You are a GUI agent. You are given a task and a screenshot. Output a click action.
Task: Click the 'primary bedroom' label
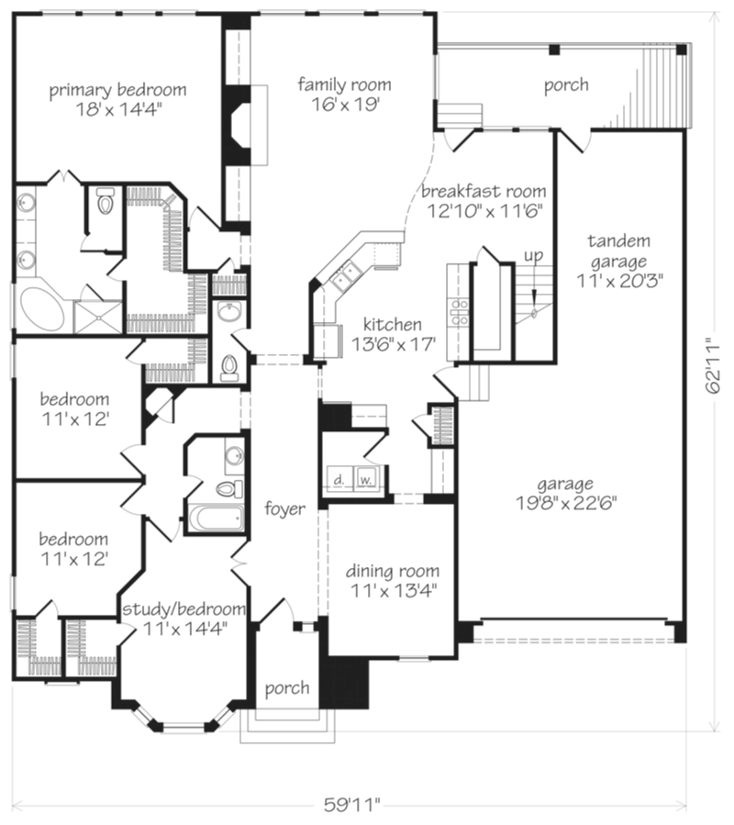pyautogui.click(x=117, y=90)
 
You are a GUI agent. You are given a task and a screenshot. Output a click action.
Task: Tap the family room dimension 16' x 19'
pyautogui.click(x=345, y=105)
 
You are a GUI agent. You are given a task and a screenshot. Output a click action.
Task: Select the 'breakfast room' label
pyautogui.click(x=484, y=191)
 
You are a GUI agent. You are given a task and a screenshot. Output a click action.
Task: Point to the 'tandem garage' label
pyautogui.click(x=618, y=251)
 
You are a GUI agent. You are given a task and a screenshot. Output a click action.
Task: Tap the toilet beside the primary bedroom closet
pyautogui.click(x=106, y=201)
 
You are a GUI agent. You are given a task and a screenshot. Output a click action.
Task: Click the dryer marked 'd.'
pyautogui.click(x=339, y=478)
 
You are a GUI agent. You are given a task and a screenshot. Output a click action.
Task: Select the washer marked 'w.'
pyautogui.click(x=366, y=478)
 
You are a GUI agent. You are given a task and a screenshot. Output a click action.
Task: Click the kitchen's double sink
pyautogui.click(x=346, y=275)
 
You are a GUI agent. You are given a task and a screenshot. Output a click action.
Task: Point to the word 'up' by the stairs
pyautogui.click(x=533, y=256)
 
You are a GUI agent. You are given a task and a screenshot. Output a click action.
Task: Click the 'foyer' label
pyautogui.click(x=284, y=508)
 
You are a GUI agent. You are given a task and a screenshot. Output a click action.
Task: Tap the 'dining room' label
pyautogui.click(x=393, y=571)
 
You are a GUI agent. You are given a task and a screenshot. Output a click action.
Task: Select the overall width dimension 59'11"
pyautogui.click(x=351, y=805)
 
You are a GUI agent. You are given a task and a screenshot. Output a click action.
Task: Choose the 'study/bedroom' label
pyautogui.click(x=183, y=608)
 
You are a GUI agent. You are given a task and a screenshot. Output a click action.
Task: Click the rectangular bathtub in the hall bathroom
pyautogui.click(x=217, y=518)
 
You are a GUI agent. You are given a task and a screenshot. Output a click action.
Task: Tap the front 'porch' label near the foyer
pyautogui.click(x=287, y=688)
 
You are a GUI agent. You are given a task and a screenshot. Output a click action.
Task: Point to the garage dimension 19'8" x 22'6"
pyautogui.click(x=565, y=503)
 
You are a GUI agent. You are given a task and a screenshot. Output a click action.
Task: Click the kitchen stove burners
pyautogui.click(x=459, y=311)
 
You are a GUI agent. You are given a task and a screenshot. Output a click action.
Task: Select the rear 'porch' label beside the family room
pyautogui.click(x=566, y=84)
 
